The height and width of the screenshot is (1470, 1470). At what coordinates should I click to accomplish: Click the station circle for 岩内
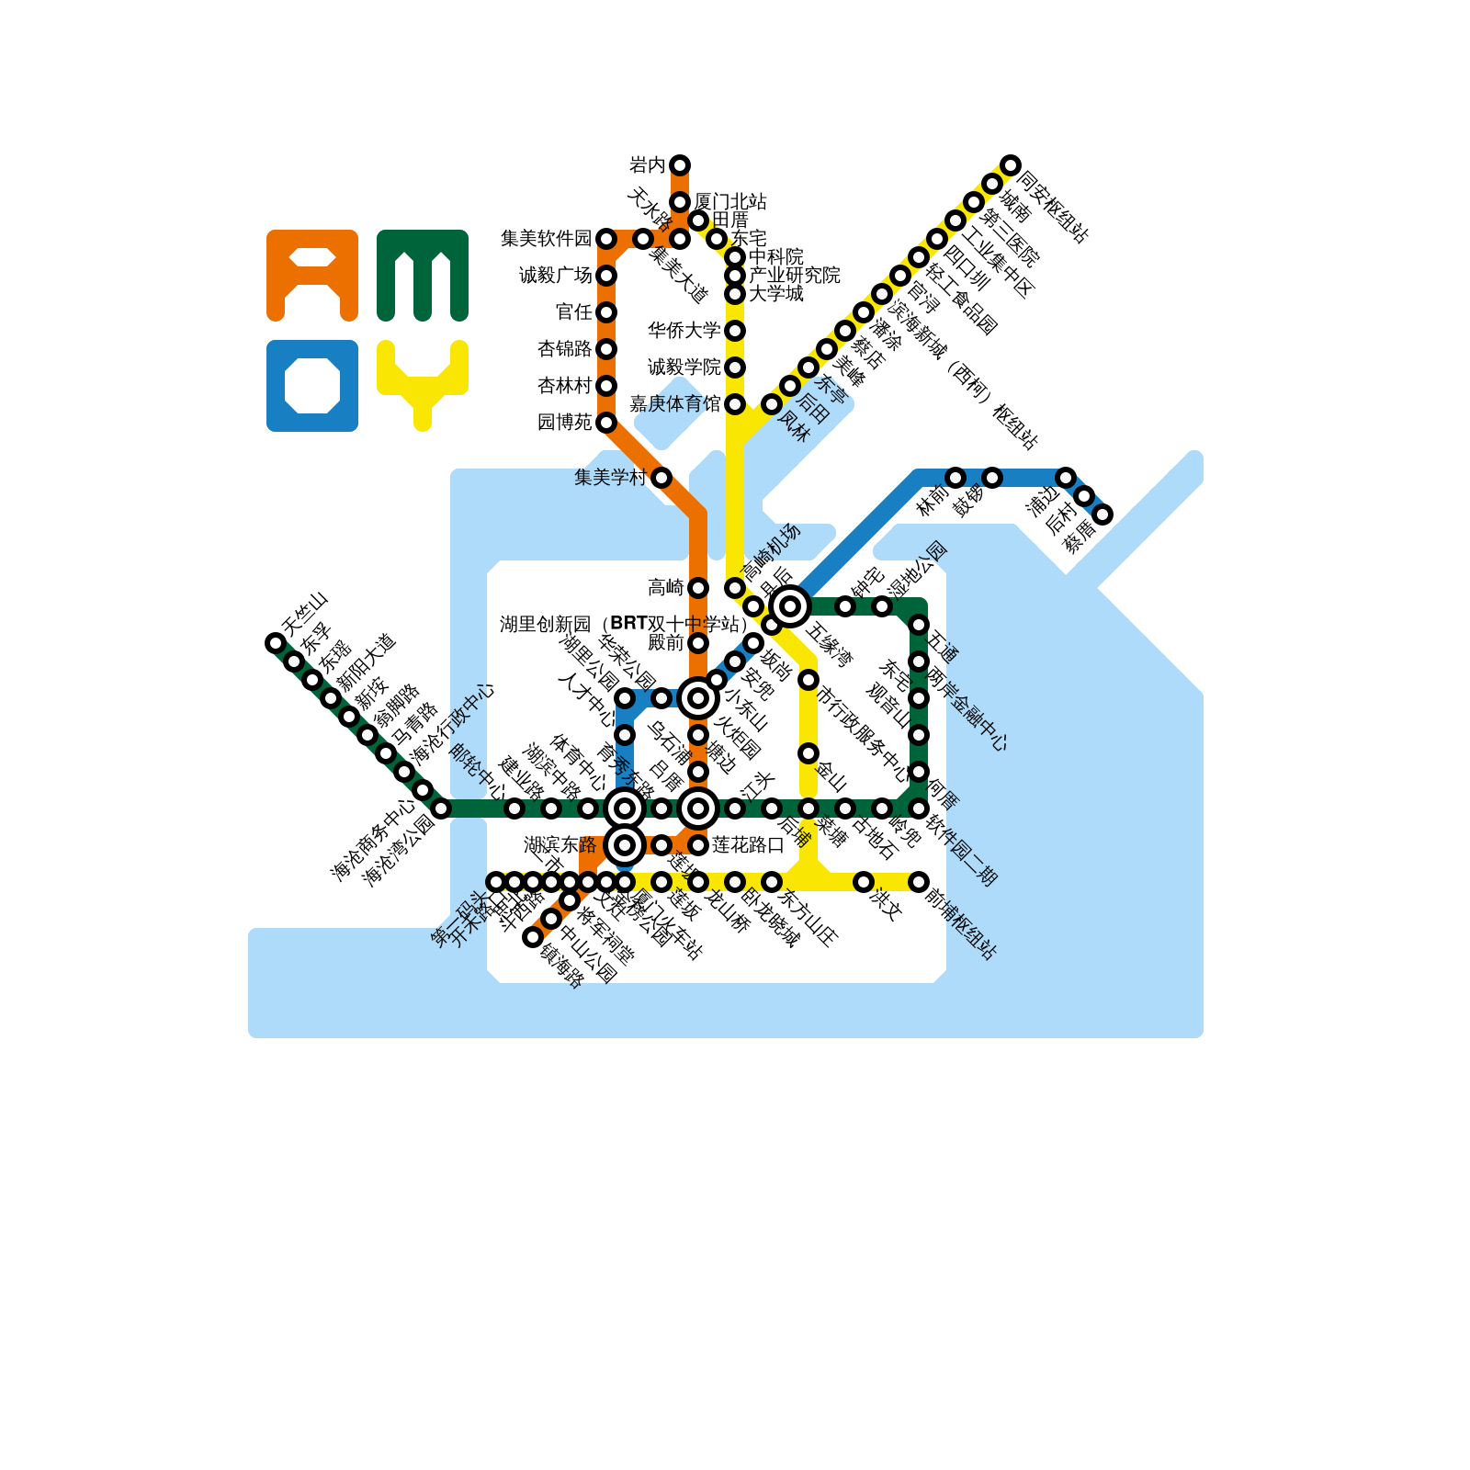pos(680,165)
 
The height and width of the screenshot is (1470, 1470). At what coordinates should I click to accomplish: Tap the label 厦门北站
pos(730,201)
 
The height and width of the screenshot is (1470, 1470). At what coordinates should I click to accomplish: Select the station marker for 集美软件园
pos(606,239)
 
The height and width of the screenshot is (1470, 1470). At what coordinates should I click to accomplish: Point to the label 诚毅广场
pos(555,275)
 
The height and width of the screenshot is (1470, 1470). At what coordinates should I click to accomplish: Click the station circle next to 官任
pos(606,312)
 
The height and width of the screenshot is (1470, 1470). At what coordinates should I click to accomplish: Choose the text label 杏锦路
pos(564,348)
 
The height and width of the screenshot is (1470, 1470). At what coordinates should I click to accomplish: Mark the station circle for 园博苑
pos(606,423)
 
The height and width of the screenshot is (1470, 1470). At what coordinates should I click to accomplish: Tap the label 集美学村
pos(610,477)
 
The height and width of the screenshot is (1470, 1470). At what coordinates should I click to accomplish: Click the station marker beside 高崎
pos(698,588)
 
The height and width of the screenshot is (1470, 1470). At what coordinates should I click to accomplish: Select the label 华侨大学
pos(684,330)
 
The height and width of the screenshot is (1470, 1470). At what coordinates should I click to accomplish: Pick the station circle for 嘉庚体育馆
pos(735,404)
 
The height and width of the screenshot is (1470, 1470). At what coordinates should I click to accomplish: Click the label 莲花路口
pos(748,844)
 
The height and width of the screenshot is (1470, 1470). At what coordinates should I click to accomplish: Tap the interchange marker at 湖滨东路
pos(625,844)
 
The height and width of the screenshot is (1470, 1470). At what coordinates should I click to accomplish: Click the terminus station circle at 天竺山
pos(276,643)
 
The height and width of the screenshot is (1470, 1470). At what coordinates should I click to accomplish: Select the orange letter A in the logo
pos(312,276)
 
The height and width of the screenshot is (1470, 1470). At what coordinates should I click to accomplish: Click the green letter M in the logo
pos(423,276)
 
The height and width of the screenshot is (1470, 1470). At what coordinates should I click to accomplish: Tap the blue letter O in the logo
pos(312,386)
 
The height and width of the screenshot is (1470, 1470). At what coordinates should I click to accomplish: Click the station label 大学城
pos(775,293)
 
